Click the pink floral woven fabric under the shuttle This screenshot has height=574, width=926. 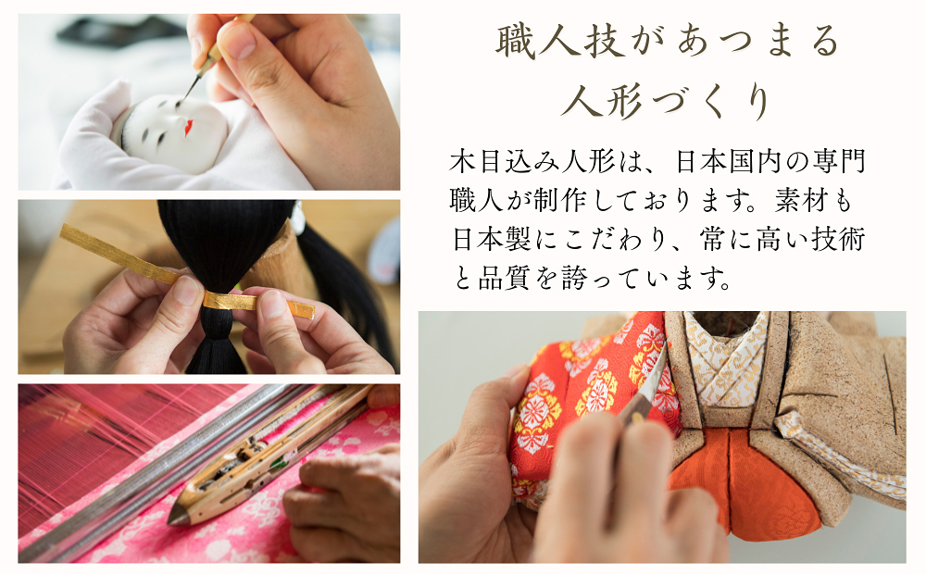(231, 532)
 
